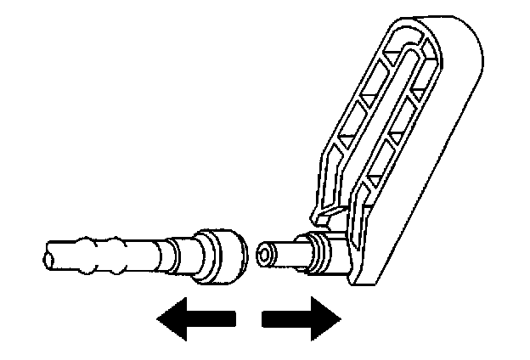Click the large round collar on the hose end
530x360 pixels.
(x=220, y=253)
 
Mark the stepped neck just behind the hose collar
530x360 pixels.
(x=183, y=253)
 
